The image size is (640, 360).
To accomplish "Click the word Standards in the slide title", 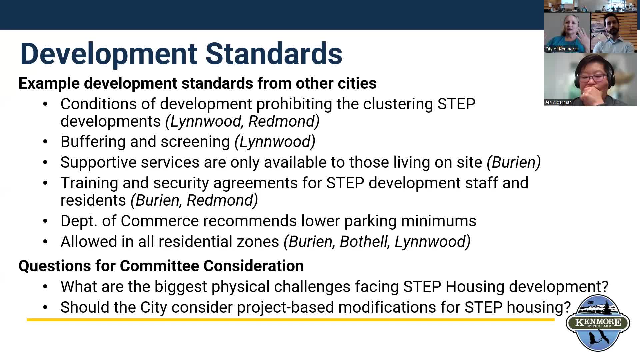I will (x=274, y=54).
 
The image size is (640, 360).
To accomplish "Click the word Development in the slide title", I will (x=109, y=54).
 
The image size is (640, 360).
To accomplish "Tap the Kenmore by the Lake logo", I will (x=598, y=323).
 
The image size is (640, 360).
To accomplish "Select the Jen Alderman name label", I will (x=558, y=102).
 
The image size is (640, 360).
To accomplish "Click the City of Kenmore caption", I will (x=561, y=49).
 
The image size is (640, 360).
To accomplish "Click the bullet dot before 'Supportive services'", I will (x=45, y=163).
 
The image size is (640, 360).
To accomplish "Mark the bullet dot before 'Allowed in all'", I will (x=45, y=242).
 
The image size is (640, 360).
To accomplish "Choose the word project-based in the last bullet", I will (x=285, y=307).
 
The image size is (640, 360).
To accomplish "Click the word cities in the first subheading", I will (x=357, y=83).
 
